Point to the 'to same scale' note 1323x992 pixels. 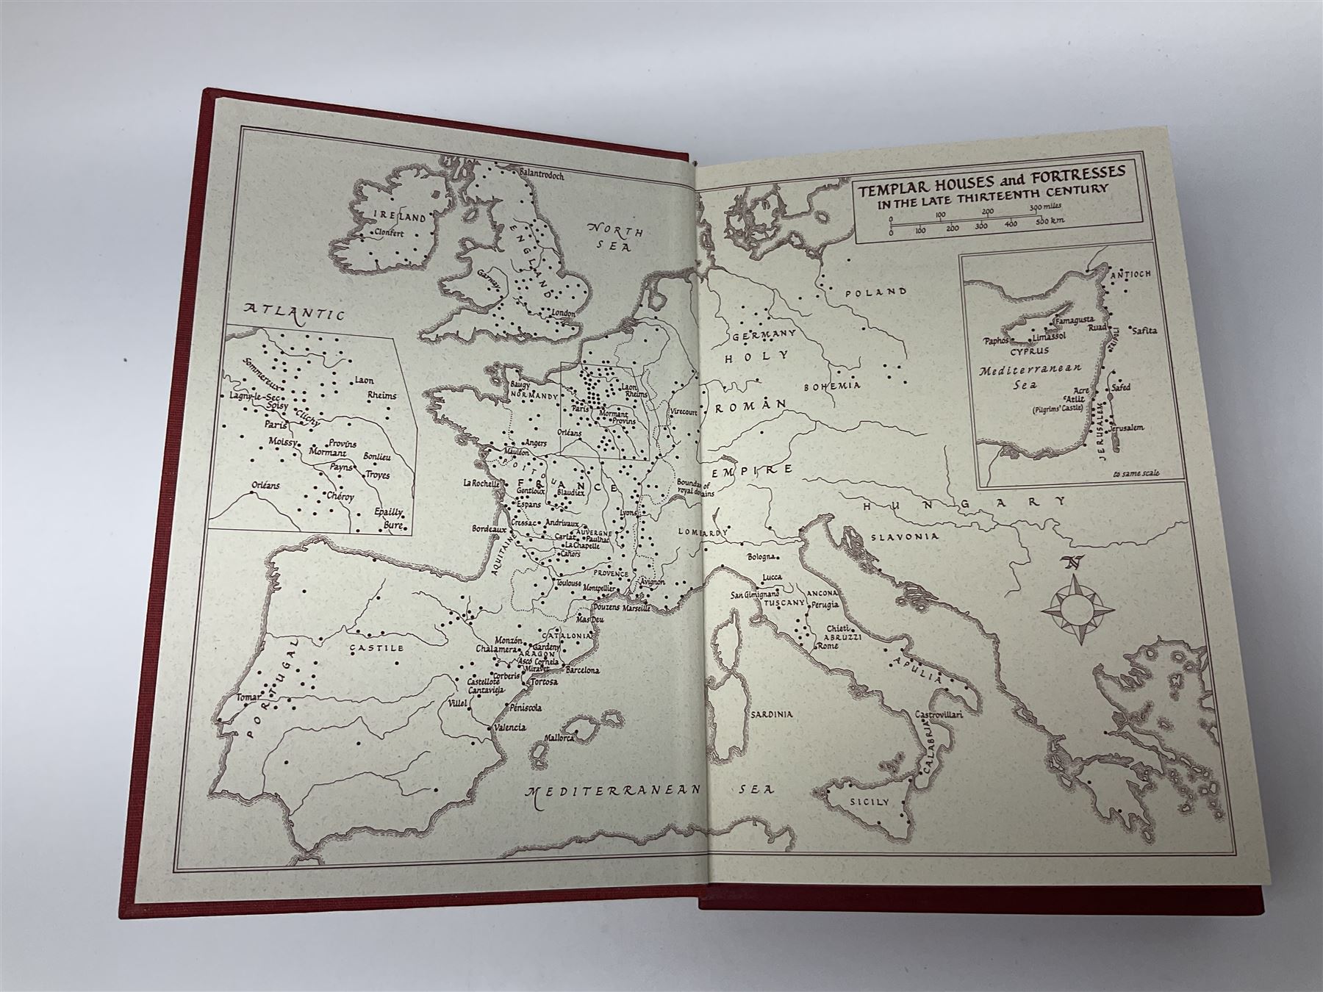tap(1136, 473)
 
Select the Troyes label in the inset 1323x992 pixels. tap(376, 475)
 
